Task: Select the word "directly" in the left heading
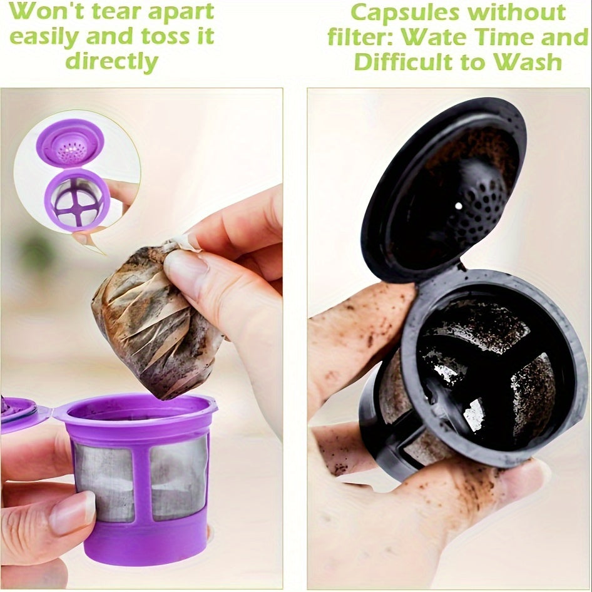click(x=112, y=61)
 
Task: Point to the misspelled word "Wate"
click(x=437, y=37)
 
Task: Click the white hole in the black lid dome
click(x=458, y=205)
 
